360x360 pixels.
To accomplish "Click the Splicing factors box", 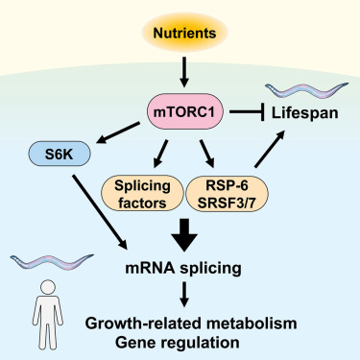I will pos(140,191).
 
